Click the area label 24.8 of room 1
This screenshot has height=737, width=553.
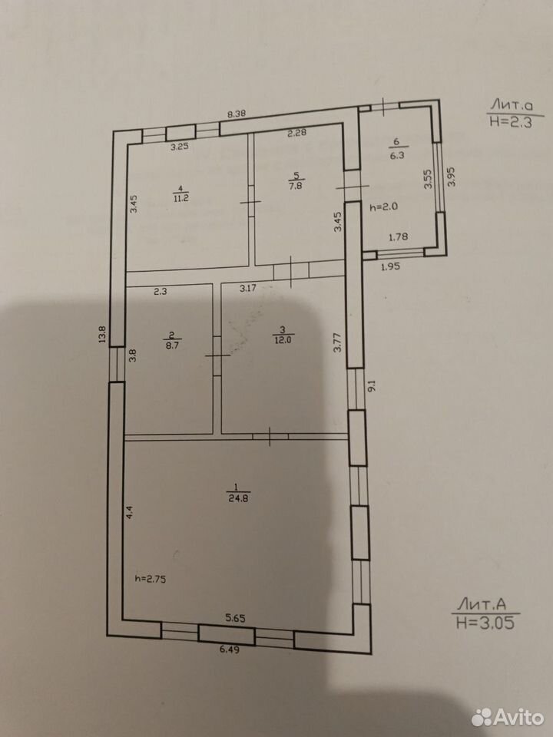pos(238,499)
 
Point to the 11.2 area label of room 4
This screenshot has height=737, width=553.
pos(180,198)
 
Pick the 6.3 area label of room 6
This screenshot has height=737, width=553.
pos(397,156)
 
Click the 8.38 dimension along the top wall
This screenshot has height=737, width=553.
pos(237,114)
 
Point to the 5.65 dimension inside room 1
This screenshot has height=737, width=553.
pos(236,619)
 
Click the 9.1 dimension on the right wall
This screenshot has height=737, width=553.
pos(372,386)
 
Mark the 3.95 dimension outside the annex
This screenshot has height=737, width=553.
pos(452,177)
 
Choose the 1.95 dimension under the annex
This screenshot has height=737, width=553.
pos(390,266)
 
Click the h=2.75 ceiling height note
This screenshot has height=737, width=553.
pos(151,580)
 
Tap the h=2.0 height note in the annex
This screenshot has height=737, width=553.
pos(384,207)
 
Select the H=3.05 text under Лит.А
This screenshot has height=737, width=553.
pos(485,623)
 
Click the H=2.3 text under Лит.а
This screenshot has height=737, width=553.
pos(511,122)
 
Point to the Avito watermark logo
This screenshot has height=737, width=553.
pos(508,717)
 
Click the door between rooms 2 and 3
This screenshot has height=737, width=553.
pos(217,355)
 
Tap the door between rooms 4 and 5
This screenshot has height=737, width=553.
pos(251,202)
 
